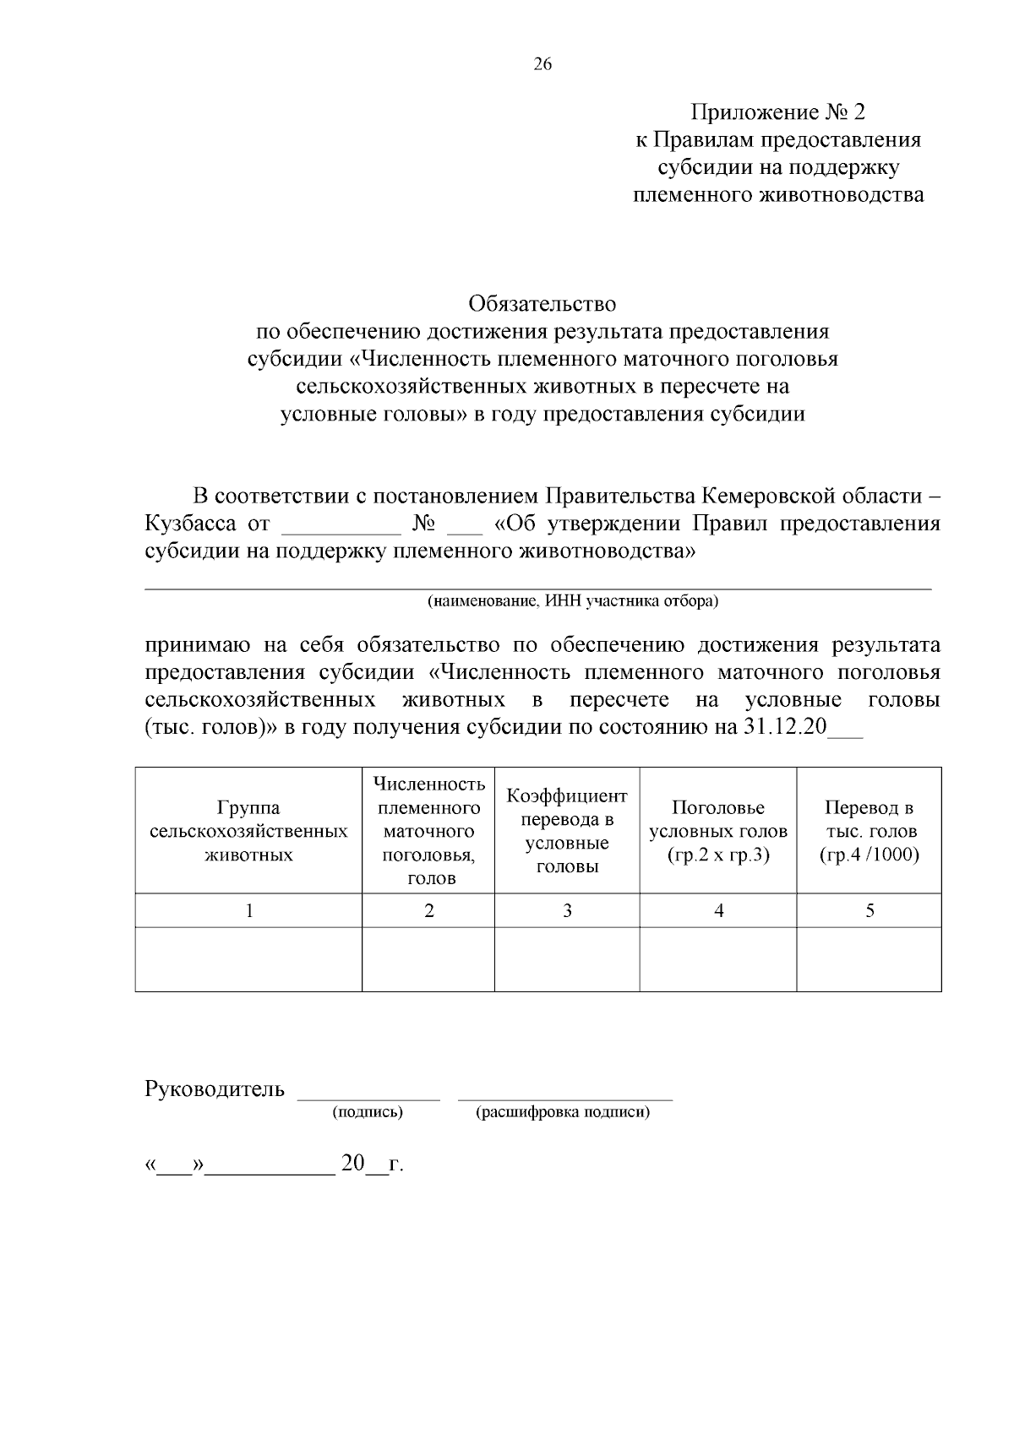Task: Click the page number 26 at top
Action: pyautogui.click(x=542, y=64)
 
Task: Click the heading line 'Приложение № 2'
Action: pyautogui.click(x=778, y=112)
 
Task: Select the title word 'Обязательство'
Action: pyautogui.click(x=542, y=303)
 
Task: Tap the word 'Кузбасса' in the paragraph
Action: pyautogui.click(x=190, y=524)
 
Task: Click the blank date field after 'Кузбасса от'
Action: pyautogui.click(x=341, y=525)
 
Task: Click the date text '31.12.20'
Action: pyautogui.click(x=785, y=727)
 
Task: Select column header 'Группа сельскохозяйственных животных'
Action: pyautogui.click(x=248, y=831)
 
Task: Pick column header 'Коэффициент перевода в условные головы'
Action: pyautogui.click(x=566, y=831)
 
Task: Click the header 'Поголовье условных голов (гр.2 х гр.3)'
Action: pyautogui.click(x=717, y=831)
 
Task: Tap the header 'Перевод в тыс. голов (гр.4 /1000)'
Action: pyautogui.click(x=869, y=831)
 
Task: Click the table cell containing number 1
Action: pyautogui.click(x=248, y=910)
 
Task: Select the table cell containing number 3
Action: pyautogui.click(x=567, y=910)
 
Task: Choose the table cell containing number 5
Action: pyautogui.click(x=870, y=910)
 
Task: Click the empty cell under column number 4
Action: pyautogui.click(x=717, y=959)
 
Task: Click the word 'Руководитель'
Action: pyautogui.click(x=215, y=1089)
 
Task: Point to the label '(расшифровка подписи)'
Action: pyautogui.click(x=564, y=1112)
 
